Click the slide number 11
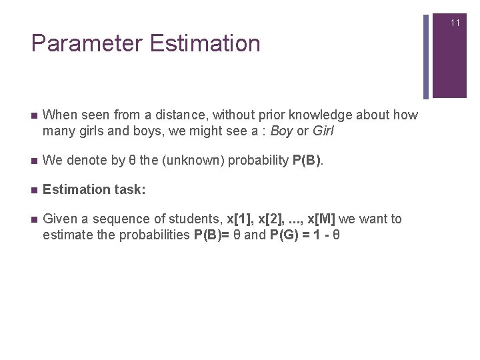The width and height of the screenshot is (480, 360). point(455,23)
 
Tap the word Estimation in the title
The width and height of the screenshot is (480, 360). point(205,44)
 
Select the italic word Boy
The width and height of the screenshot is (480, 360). point(281,131)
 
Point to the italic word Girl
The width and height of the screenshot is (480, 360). point(323,131)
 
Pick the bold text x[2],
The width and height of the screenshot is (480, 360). point(272,219)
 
